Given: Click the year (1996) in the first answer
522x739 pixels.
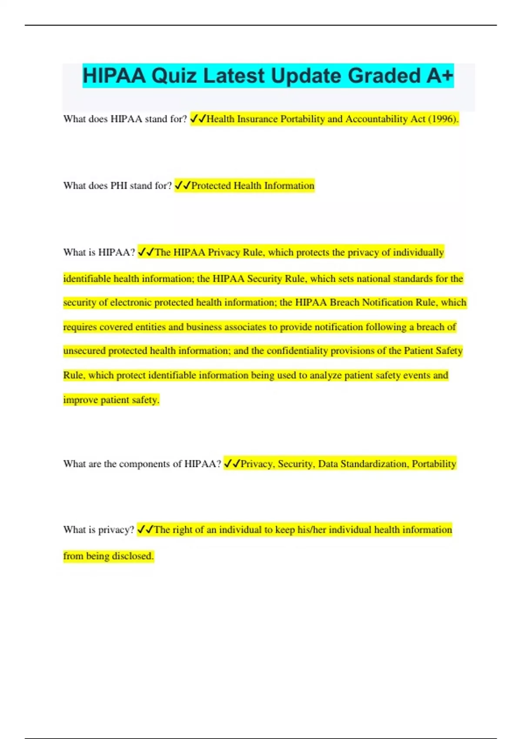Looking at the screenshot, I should point(443,119).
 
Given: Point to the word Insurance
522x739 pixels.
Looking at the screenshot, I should point(257,119).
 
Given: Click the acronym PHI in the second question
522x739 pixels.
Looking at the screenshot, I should point(118,186).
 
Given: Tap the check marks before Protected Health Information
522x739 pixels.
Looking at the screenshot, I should point(182,186).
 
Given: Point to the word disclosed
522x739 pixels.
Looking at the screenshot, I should point(133,556).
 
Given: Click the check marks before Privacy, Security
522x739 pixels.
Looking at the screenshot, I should point(232,464).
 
